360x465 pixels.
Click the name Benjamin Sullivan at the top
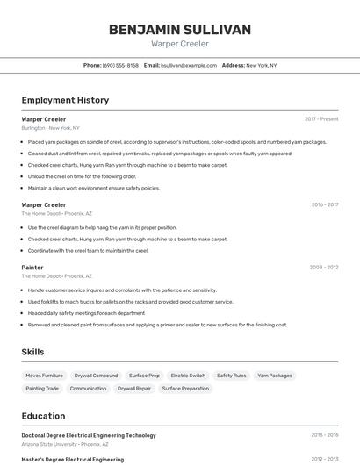180,30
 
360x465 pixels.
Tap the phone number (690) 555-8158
120,65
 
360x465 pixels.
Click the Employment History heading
65,100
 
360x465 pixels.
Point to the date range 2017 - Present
321,118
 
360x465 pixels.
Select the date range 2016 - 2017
324,204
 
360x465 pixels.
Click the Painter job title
32,267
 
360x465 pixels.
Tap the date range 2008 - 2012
324,267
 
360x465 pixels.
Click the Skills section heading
33,352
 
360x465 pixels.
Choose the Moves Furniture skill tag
45,376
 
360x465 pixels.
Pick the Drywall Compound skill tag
96,376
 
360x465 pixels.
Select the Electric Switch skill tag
188,376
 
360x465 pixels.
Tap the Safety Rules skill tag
231,376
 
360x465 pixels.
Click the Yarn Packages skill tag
275,376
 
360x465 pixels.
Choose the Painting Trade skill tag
42,388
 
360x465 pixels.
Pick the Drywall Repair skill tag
134,388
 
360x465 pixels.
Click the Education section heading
43,416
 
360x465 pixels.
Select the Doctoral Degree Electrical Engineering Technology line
89,435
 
